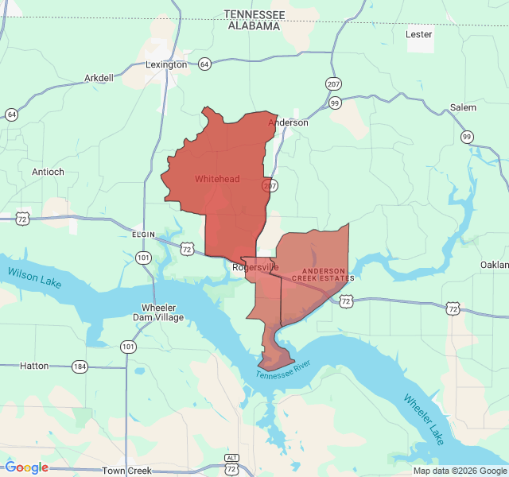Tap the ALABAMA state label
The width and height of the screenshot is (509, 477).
pos(254,25)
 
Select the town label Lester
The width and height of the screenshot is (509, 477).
pos(418,34)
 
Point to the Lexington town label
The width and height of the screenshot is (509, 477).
pos(166,64)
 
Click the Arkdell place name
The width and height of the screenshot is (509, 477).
pos(99,78)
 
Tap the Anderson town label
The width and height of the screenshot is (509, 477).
pos(288,122)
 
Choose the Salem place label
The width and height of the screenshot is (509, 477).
pos(463,107)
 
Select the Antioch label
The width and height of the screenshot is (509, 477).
pos(48,172)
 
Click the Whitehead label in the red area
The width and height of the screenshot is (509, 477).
pos(217,179)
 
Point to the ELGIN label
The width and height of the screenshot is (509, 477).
pos(143,235)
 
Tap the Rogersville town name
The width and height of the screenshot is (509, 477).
pos(255,267)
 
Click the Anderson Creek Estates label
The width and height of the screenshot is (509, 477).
pos(323,274)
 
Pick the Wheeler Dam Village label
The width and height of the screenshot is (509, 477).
pos(161,312)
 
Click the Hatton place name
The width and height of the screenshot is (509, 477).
pos(34,366)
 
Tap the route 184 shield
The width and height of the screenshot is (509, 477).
pos(79,366)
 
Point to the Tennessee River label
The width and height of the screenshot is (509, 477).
pos(284,369)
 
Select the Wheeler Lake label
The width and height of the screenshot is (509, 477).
pos(425,419)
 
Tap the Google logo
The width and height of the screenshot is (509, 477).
pos(27,467)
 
